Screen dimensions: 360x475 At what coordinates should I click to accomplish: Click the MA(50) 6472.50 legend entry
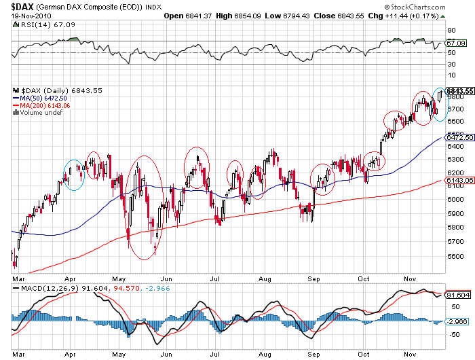41,98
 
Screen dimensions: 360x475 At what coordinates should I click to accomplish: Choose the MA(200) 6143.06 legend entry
42,105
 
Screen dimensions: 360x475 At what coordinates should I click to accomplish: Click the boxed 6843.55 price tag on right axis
459,91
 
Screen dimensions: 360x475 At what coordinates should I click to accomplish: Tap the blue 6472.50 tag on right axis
459,138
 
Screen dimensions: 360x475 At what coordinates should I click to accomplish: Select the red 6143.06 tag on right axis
459,180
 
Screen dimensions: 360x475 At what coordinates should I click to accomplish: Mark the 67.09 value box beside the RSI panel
453,43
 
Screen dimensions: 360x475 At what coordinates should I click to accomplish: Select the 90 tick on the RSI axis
449,30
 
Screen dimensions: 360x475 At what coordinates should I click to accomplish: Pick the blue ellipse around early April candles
74,175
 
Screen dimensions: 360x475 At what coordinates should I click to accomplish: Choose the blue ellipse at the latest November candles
440,105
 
